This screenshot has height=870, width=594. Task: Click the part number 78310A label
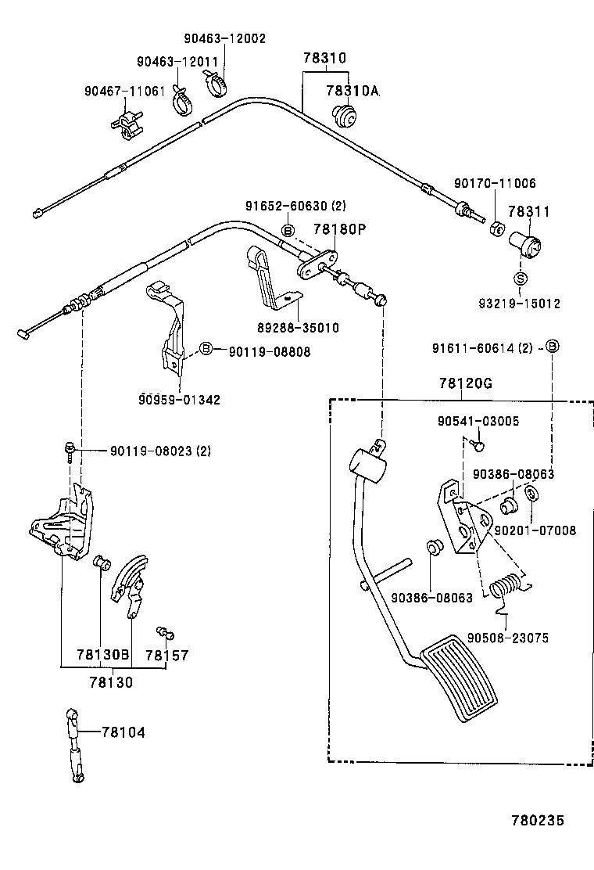pos(352,92)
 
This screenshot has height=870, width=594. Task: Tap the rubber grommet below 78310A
pos(343,116)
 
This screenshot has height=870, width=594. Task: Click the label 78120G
pos(465,383)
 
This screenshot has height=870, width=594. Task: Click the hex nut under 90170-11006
pos(495,229)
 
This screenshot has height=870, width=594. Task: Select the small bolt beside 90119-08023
pos(70,450)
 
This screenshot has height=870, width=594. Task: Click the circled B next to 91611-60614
pos(552,346)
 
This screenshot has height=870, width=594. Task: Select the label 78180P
pos(339,229)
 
